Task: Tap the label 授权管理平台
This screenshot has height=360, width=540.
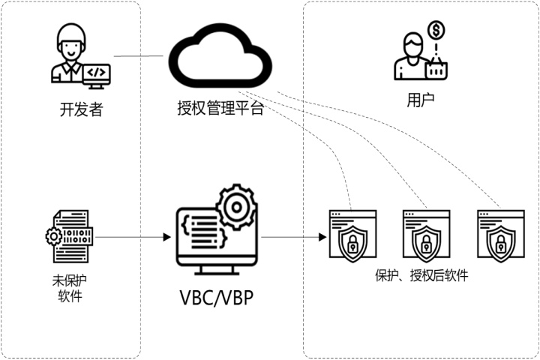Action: point(220,109)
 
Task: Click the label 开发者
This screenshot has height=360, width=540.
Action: point(80,109)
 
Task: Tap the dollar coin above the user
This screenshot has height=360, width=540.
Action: point(435,31)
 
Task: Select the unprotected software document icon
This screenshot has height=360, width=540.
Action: point(70,235)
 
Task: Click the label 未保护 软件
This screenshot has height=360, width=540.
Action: point(70,289)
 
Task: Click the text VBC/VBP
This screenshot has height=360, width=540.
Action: point(216,298)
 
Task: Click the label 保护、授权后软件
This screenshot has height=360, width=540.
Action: point(421,275)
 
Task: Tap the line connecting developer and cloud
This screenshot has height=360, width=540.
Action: point(138,56)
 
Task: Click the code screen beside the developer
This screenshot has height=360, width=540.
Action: point(97,73)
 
